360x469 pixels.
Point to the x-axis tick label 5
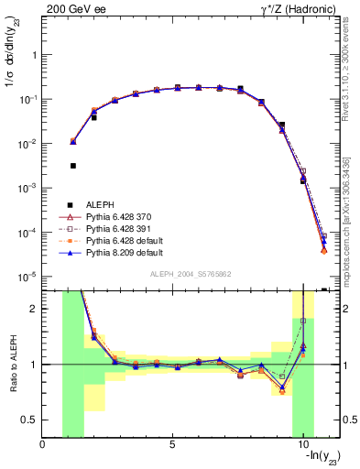point(172,444)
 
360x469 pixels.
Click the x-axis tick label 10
point(302,444)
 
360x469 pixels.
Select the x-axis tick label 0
point(43,444)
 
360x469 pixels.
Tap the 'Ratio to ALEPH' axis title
point(11,364)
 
